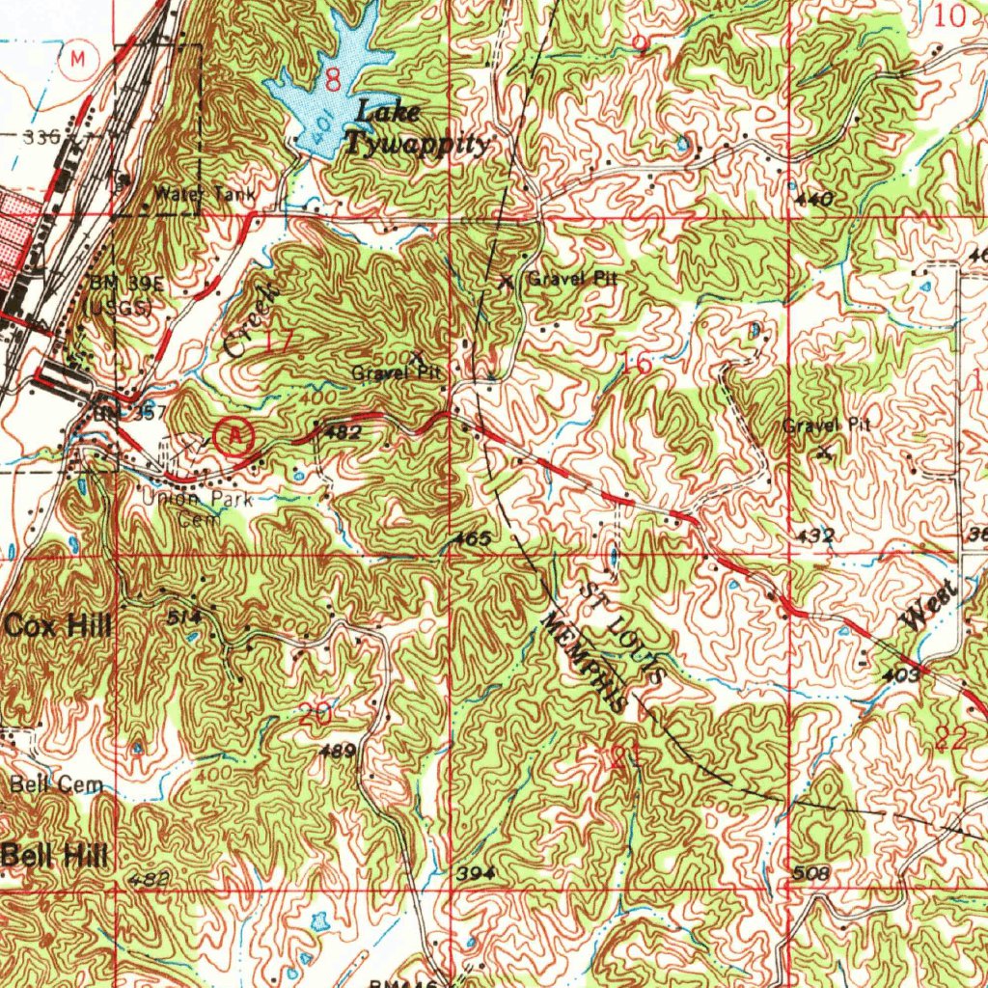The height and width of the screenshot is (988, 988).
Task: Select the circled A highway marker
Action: click(234, 436)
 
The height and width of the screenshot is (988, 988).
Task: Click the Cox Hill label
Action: click(57, 626)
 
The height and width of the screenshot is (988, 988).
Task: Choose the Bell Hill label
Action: click(54, 854)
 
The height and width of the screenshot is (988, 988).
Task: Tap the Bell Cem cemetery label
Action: click(57, 785)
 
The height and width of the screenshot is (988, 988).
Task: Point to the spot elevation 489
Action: click(343, 750)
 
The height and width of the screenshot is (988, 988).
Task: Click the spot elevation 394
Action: click(477, 872)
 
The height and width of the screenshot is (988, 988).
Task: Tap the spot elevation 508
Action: click(810, 873)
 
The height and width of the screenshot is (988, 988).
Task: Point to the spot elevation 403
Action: click(900, 676)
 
